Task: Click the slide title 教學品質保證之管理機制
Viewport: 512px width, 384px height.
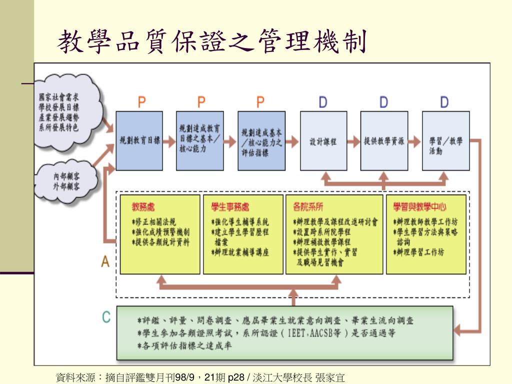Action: [x=212, y=41]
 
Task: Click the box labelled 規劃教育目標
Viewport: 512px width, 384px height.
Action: [x=139, y=141]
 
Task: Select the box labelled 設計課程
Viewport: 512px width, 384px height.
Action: [x=323, y=141]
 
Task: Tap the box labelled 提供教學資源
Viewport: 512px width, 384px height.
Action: [x=384, y=141]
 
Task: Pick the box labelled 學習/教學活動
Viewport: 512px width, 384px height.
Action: [x=445, y=141]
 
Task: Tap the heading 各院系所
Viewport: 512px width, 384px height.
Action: [x=307, y=206]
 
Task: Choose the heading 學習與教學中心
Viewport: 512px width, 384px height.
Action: [x=419, y=206]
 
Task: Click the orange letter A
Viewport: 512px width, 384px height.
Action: [x=105, y=261]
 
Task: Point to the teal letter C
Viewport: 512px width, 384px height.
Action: [x=106, y=316]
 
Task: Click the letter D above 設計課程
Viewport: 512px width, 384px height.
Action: [x=323, y=102]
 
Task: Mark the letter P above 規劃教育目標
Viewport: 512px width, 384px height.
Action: [x=142, y=102]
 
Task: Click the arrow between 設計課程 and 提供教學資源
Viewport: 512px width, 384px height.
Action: [x=353, y=141]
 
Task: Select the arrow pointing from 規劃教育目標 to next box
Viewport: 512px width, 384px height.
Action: [x=169, y=141]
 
